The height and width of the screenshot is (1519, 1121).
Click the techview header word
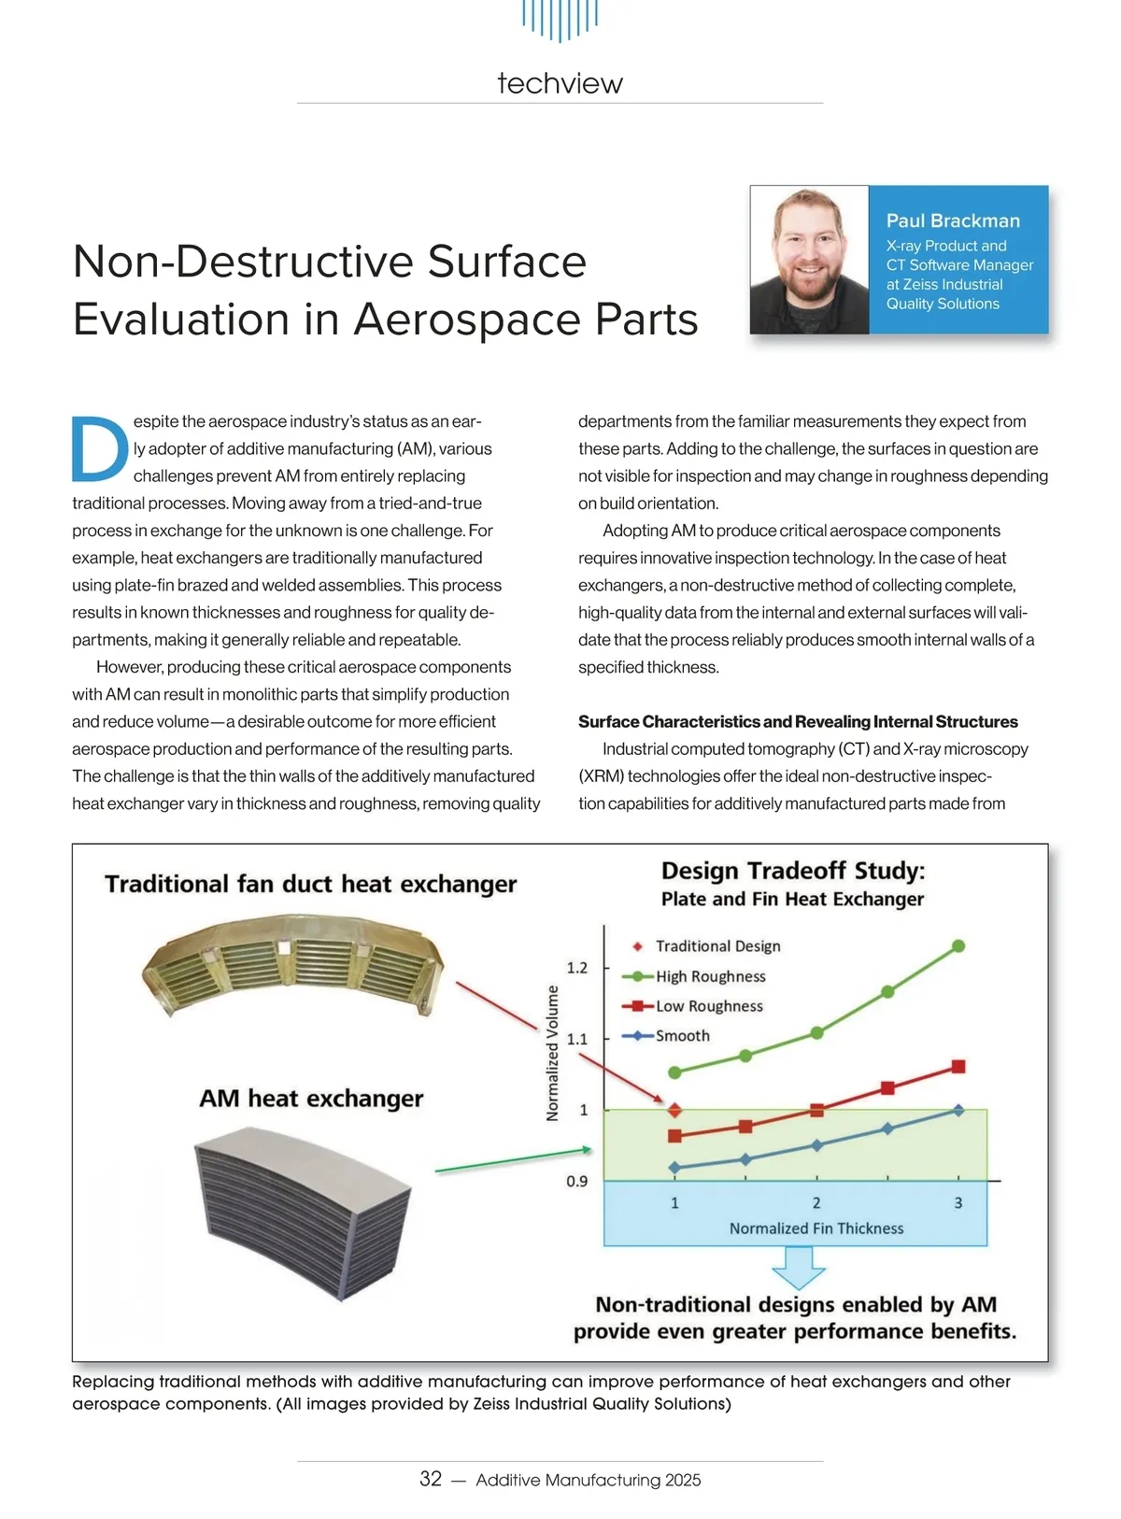(x=560, y=83)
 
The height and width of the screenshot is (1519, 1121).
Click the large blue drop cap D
(x=99, y=447)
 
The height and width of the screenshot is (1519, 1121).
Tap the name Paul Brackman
(x=953, y=220)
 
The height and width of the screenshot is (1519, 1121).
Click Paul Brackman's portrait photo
(x=810, y=260)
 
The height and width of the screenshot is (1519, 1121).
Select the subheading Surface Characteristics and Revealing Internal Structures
(x=798, y=721)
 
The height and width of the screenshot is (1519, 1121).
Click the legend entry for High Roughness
(x=710, y=976)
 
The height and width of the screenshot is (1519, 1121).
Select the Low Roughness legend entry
(x=708, y=1006)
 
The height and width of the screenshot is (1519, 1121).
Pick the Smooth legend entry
(x=682, y=1036)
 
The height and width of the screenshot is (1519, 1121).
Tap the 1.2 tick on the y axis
(x=577, y=968)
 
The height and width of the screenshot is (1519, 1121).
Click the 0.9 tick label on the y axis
(x=577, y=1182)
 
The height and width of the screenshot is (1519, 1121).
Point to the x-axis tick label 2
(x=816, y=1203)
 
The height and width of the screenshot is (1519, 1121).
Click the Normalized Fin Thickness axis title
(x=816, y=1228)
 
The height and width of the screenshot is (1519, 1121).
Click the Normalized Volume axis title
(x=552, y=1053)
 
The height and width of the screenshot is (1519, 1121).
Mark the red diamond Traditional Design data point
(x=674, y=1111)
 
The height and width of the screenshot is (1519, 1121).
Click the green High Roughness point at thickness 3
(x=958, y=946)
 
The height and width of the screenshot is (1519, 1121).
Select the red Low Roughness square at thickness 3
(x=958, y=1067)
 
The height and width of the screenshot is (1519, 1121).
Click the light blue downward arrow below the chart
(x=799, y=1268)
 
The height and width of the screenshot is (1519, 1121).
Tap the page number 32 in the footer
(x=431, y=1479)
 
